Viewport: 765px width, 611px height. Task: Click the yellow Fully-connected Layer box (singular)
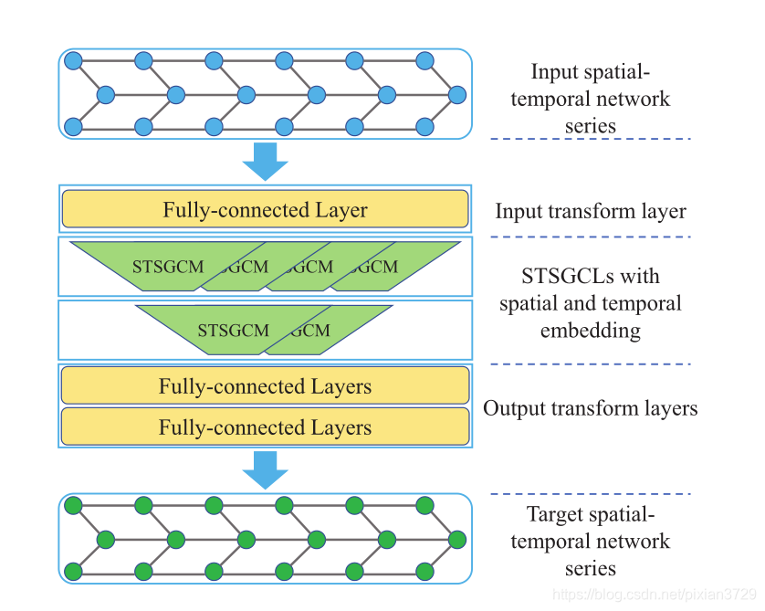(x=265, y=210)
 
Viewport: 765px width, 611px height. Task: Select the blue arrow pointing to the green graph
(x=265, y=470)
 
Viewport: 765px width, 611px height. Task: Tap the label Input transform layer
(x=590, y=211)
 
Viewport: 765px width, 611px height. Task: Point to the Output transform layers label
(x=590, y=408)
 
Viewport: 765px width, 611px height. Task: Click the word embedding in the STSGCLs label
(x=590, y=330)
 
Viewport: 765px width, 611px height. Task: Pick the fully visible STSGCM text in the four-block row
(x=168, y=267)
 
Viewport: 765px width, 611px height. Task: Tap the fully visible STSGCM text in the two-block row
(x=233, y=330)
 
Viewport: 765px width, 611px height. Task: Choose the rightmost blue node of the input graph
(x=457, y=93)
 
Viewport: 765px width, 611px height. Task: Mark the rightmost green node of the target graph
(x=457, y=539)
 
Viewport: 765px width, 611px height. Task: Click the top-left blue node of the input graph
(x=73, y=61)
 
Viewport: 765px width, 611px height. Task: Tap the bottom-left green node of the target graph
(x=73, y=572)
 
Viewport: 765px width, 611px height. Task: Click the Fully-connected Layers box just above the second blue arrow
(x=265, y=427)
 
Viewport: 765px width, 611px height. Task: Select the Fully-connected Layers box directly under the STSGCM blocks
(x=265, y=386)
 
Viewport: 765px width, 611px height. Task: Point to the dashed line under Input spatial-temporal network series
(x=590, y=139)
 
